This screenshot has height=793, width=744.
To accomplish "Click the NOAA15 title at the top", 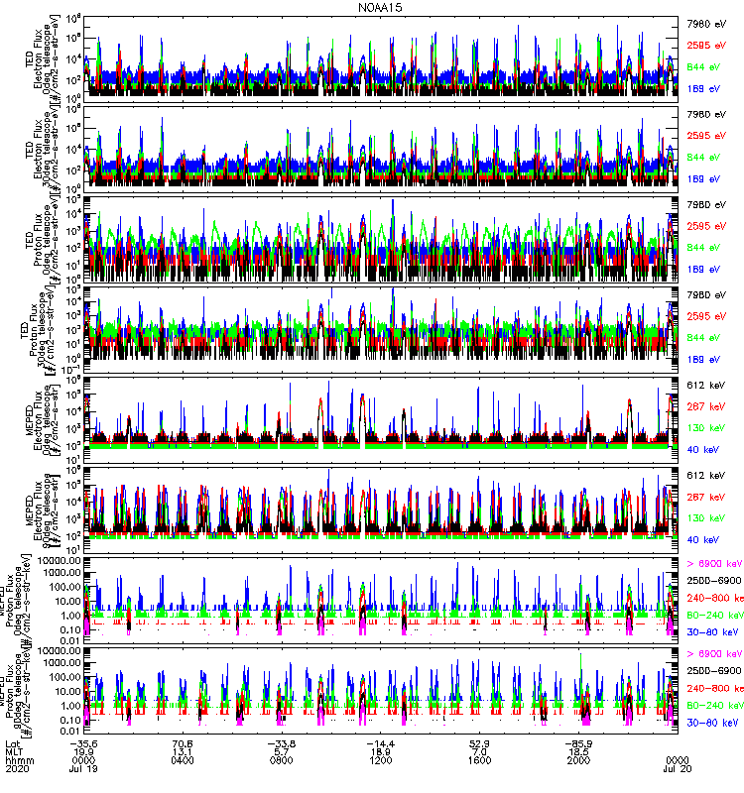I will tap(372, 7).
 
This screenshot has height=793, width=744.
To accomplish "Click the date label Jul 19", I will tap(85, 770).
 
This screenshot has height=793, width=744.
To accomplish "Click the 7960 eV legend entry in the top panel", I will tap(706, 20).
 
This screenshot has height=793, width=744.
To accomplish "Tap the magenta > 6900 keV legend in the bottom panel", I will tap(713, 654).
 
